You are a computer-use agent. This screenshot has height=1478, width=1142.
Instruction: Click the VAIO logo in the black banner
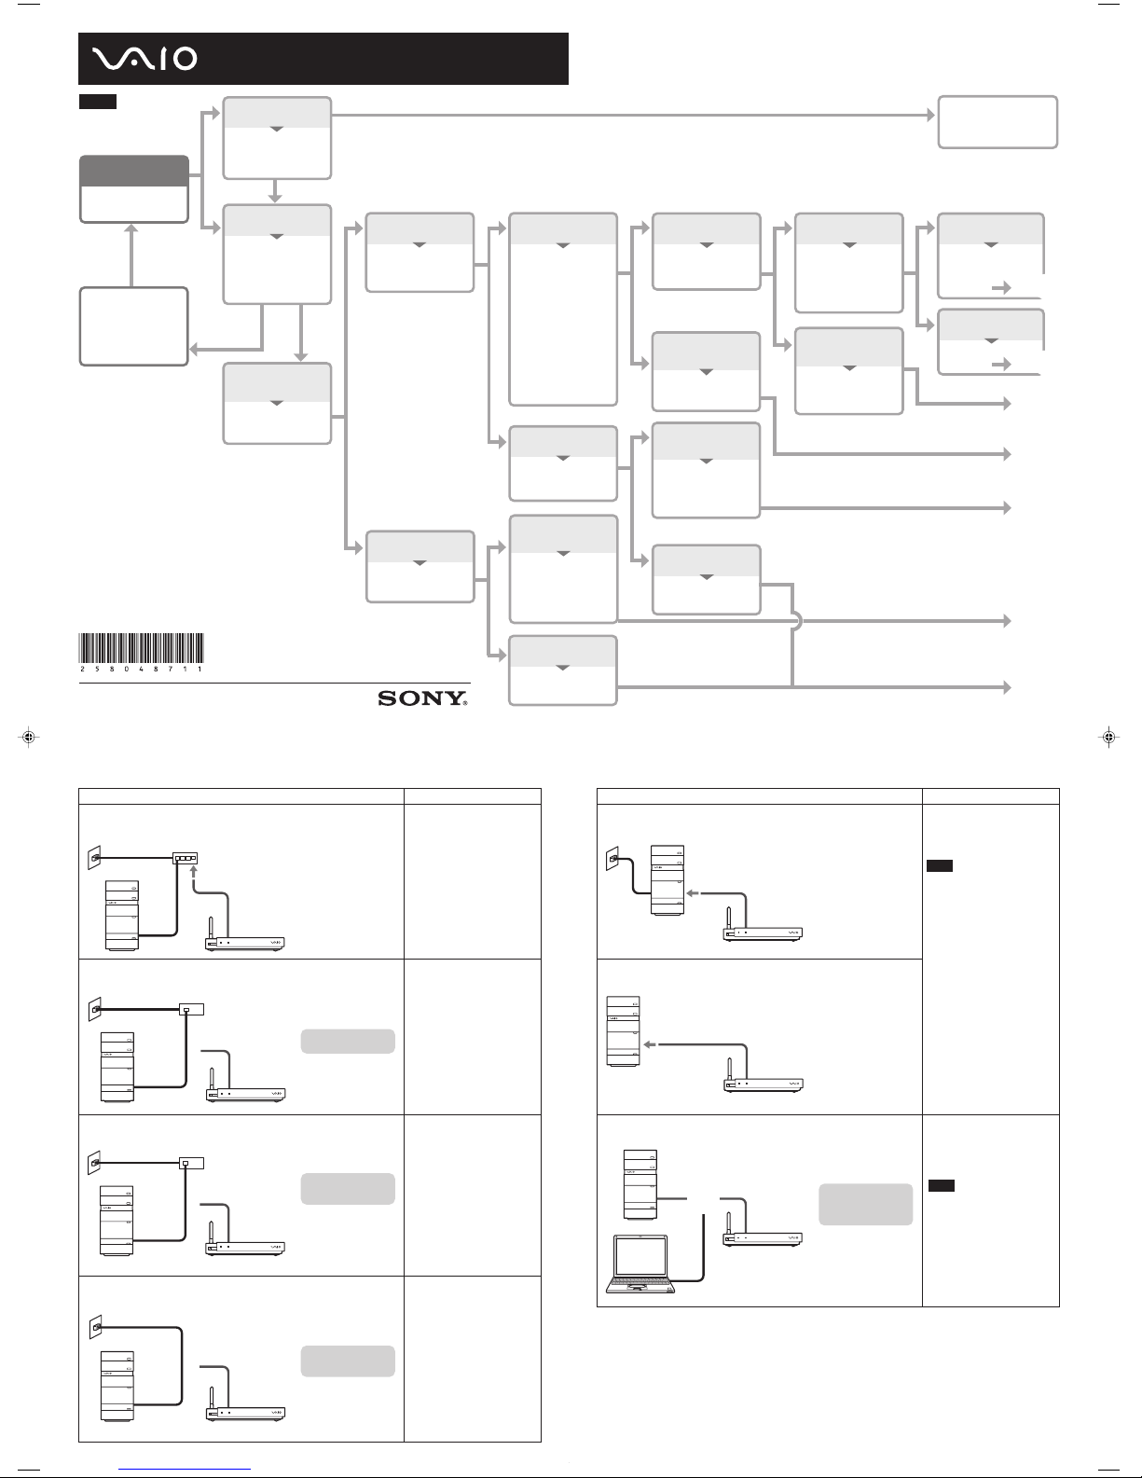tap(144, 59)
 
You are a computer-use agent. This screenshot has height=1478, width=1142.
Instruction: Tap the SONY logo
tap(422, 698)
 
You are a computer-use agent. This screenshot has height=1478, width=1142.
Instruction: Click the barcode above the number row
tap(141, 647)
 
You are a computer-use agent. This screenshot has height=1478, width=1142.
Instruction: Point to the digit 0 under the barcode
tap(127, 670)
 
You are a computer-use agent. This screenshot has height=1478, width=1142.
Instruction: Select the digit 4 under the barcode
tap(141, 670)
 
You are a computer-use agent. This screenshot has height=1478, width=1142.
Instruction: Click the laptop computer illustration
tap(640, 1264)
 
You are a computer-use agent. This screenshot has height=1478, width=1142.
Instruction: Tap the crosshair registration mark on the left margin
tap(29, 737)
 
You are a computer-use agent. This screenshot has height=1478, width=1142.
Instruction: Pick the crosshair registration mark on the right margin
tap(1108, 737)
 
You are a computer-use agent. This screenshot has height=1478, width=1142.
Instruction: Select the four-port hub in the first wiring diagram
tap(185, 859)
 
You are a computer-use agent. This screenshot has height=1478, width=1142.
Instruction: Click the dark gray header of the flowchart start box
tap(134, 171)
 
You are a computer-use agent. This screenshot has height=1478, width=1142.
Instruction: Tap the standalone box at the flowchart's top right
tap(998, 122)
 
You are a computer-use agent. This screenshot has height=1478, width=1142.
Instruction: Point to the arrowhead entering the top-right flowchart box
tap(931, 115)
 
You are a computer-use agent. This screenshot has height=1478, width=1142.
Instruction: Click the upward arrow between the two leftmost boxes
tap(131, 256)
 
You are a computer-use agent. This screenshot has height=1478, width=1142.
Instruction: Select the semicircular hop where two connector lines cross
tap(798, 620)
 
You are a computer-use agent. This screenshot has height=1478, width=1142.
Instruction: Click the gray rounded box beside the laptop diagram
tap(865, 1205)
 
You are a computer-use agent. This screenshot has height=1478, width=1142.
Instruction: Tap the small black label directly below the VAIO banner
tap(98, 102)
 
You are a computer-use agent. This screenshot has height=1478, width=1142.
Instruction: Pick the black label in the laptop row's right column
tap(942, 1185)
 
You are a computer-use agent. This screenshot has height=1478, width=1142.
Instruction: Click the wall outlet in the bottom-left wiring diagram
tap(96, 1326)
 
